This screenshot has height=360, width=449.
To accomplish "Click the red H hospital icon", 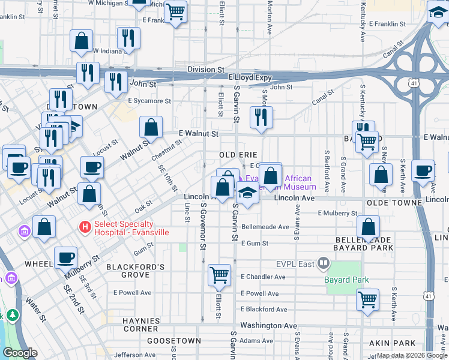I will tap(85, 227).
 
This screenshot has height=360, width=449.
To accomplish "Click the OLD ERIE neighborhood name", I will tap(238, 155).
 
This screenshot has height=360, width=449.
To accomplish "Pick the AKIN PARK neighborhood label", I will tap(409, 343).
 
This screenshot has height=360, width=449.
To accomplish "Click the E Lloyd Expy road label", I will tap(250, 78).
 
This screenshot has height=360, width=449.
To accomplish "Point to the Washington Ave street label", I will tap(269, 326).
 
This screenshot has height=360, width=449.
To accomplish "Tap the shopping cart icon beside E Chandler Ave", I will tap(220, 275).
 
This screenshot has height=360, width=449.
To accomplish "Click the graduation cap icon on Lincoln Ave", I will tap(247, 193).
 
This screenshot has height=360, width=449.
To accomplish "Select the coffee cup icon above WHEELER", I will tap(66, 257).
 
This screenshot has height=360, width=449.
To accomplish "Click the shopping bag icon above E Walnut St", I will tap(151, 127).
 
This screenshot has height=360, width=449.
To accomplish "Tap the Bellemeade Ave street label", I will tap(265, 227).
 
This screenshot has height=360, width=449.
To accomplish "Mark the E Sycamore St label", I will tap(149, 101).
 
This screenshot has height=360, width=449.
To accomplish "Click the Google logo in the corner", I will tap(20, 353).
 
